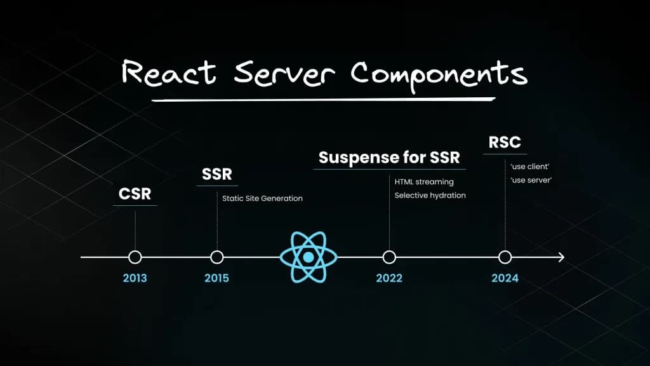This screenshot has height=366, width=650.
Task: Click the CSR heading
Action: [x=135, y=194]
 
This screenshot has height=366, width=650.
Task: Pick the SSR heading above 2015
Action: [x=216, y=174]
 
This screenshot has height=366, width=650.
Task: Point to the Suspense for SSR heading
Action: [x=389, y=158]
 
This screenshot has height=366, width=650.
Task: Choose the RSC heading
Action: [x=505, y=142]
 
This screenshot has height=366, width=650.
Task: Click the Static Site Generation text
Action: [x=262, y=198]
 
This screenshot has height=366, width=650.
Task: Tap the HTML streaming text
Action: [x=424, y=182]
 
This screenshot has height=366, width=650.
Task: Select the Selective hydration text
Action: [x=430, y=195]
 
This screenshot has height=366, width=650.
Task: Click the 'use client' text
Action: [x=530, y=166]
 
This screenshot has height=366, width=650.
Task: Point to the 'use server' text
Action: [x=531, y=180]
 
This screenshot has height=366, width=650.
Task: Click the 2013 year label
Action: [x=135, y=278]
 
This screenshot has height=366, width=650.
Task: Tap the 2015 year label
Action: [x=216, y=278]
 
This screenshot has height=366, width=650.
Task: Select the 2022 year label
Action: [x=389, y=278]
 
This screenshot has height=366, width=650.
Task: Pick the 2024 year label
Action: [x=505, y=278]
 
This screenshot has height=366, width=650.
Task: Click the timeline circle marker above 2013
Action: [x=135, y=257]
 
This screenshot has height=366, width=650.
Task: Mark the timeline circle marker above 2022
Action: [x=389, y=257]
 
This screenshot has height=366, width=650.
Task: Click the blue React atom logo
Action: [x=308, y=257]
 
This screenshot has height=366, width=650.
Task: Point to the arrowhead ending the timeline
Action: [x=560, y=257]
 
